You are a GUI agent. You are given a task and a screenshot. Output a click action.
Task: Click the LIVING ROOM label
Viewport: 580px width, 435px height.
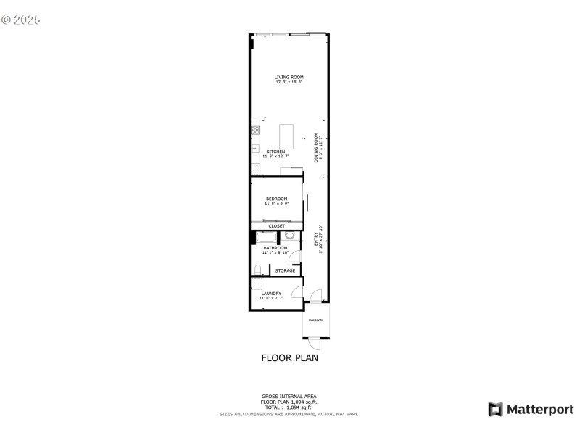289,77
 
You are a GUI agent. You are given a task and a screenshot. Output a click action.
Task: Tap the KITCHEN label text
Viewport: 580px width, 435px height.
265,152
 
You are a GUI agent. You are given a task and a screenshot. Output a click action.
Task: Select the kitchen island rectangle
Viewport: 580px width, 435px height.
287,136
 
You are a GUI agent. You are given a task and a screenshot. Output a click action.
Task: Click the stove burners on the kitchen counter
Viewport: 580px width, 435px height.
255,130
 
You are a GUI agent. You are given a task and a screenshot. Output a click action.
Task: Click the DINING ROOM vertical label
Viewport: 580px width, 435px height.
316,147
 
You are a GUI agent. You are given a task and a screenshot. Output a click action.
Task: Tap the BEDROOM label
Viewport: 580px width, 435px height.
276,199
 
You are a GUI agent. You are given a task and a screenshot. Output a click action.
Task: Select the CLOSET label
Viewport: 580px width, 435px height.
277,225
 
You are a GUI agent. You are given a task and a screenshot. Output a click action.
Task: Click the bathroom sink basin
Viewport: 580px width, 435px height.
289,236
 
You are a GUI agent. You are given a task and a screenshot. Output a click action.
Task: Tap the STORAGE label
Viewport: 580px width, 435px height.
285,270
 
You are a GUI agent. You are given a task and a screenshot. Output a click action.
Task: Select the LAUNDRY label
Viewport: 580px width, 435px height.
271,294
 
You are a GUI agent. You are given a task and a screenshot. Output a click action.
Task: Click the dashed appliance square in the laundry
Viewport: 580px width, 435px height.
256,283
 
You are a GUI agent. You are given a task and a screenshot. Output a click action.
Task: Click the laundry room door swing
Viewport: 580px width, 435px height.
296,291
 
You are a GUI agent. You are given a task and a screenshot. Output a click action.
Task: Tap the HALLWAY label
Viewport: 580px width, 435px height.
315,320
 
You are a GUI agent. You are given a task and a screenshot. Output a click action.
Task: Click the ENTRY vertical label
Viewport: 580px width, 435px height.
316,239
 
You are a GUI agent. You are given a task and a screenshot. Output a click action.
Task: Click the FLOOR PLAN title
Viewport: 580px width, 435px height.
289,357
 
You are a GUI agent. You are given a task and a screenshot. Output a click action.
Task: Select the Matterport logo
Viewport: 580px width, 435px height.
531,410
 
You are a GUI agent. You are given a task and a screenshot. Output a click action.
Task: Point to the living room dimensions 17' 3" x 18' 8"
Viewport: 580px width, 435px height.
289,82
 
